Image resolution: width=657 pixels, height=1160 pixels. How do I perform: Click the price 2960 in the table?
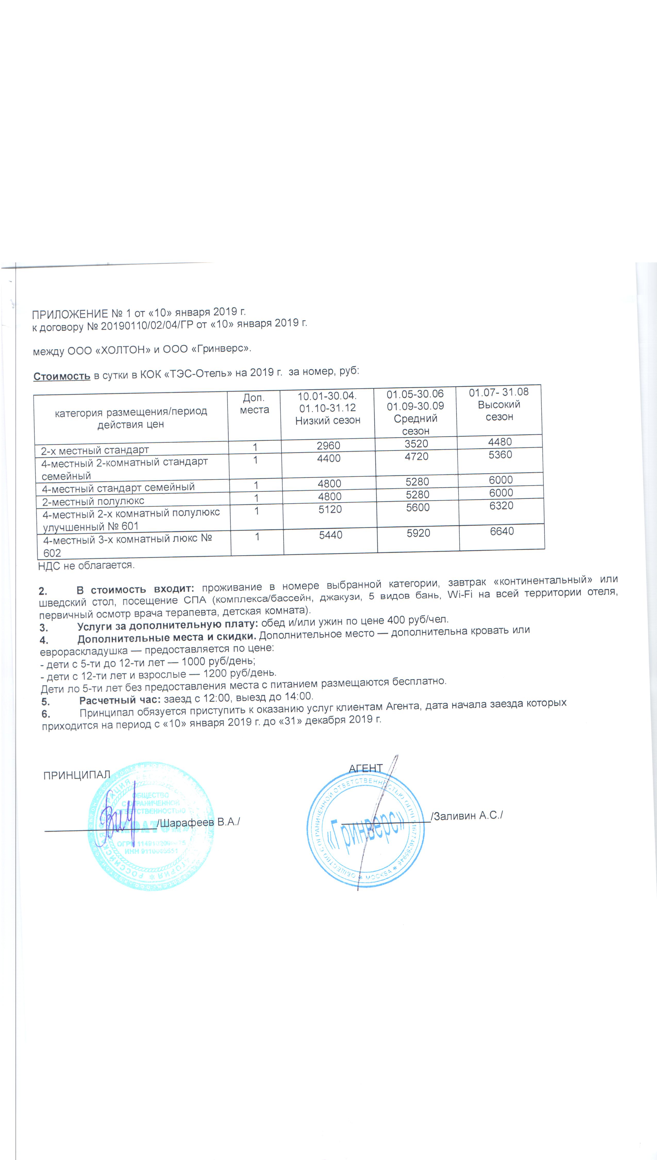pos(328,446)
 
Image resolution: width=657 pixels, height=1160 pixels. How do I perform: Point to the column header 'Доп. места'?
pos(254,404)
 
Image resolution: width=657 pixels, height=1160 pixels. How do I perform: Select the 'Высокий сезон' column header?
pos(499,411)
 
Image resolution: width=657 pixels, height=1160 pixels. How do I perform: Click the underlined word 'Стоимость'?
pos(62,376)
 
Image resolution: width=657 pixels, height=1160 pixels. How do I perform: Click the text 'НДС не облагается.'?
pos(86,565)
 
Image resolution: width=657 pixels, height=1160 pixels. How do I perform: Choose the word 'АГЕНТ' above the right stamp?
pos(365,768)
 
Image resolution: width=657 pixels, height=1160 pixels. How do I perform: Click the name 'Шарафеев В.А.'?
pos(198,822)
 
